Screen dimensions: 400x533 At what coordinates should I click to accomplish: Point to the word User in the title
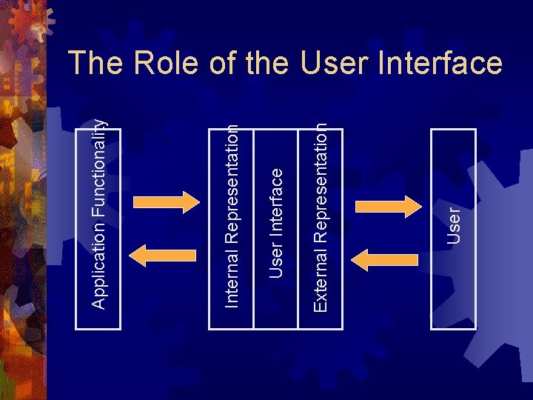(332, 64)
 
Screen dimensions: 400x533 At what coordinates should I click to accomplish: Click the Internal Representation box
(232, 222)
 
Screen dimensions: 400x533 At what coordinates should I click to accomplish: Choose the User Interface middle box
(275, 222)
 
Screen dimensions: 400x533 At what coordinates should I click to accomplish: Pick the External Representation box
(320, 222)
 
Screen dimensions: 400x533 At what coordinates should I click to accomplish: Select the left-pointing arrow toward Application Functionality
(164, 255)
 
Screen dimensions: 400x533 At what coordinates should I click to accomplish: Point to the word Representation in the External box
(320, 196)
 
